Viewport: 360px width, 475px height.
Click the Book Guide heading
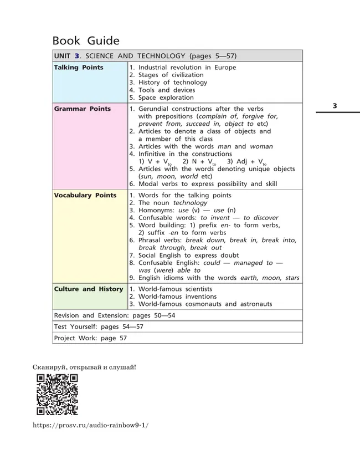86,40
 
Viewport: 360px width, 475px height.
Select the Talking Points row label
79,68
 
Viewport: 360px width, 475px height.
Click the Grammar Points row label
82,109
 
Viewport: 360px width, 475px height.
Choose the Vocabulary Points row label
85,195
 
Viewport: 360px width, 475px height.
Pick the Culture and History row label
89,289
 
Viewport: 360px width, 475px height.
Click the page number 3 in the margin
335,105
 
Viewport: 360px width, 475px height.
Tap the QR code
57,395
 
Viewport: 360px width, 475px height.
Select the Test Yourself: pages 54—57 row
99,326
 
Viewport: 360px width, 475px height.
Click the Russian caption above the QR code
84,366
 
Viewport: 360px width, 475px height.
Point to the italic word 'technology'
189,203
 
